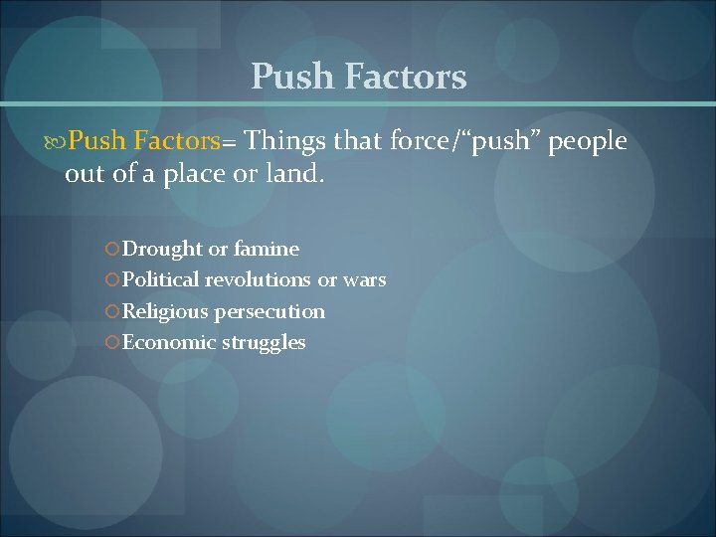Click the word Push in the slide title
[x=288, y=77]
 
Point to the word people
[x=587, y=143]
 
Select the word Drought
[x=162, y=249]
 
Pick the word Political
[x=161, y=279]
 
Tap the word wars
[x=365, y=279]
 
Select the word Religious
[x=165, y=311]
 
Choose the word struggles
[x=265, y=343]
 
